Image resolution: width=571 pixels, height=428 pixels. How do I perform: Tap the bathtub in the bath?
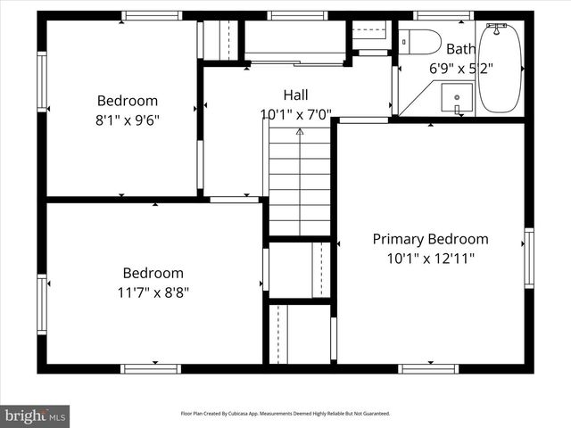tap(501, 69)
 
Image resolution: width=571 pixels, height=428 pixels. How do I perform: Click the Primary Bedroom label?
tap(430, 239)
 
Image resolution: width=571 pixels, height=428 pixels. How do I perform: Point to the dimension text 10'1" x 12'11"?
tap(430, 259)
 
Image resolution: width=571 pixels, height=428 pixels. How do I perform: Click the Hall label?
tap(296, 95)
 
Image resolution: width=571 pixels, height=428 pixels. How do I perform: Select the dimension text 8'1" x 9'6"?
tap(127, 119)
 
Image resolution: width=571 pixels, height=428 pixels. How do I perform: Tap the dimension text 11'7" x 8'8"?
tap(153, 292)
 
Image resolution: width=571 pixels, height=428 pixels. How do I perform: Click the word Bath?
tap(461, 49)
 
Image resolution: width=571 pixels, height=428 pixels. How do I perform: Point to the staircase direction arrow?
tap(300, 132)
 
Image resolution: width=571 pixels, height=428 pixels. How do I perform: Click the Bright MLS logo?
tap(35, 415)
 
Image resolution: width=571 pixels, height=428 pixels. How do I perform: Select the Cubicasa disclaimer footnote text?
tap(285, 414)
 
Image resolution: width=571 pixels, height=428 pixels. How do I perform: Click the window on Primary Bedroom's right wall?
tap(529, 259)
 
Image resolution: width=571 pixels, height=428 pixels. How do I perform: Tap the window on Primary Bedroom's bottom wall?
tap(428, 368)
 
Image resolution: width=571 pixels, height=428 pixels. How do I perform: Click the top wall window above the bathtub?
tap(443, 15)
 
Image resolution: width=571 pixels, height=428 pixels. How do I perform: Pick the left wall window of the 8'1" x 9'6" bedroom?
tap(42, 82)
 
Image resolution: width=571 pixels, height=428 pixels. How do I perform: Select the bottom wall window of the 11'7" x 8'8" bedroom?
tap(150, 368)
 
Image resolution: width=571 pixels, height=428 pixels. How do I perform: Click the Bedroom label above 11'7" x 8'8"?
tap(153, 273)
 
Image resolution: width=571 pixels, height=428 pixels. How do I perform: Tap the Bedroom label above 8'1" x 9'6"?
tap(127, 101)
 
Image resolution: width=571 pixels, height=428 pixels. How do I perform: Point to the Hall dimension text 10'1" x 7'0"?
tap(296, 114)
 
